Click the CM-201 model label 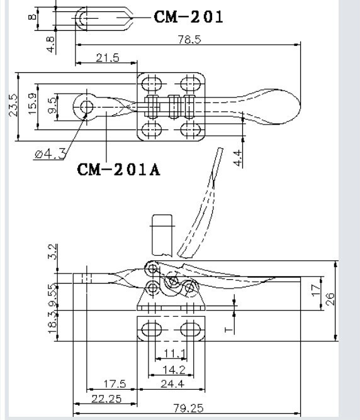tap(188, 17)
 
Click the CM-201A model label tap(118, 170)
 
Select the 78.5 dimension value tap(189, 40)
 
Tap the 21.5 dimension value tap(108, 58)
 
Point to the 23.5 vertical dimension tap(13, 105)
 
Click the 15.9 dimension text tap(32, 104)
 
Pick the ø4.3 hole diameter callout tap(50, 154)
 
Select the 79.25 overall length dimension tap(188, 408)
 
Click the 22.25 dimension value tap(106, 399)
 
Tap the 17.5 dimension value tap(115, 384)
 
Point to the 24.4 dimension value tap(172, 384)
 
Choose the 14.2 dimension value tap(174, 370)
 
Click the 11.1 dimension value tap(174, 353)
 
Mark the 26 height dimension tap(330, 299)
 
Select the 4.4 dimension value tap(238, 158)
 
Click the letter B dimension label tap(32, 17)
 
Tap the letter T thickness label tap(228, 329)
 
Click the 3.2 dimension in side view tap(52, 251)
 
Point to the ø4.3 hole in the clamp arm tap(87, 107)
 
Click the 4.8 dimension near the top tap(50, 45)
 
